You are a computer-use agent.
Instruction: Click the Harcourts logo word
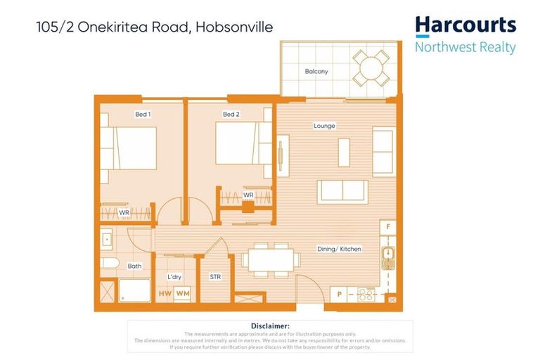point(465,26)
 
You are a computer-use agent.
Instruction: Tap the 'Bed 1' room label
point(143,114)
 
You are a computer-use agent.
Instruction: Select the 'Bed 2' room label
point(231,114)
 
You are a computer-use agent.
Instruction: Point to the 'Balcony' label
point(316,72)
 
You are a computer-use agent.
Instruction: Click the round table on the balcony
point(370,67)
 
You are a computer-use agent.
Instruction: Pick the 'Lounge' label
point(324,126)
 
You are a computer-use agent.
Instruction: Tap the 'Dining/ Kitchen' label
point(340,250)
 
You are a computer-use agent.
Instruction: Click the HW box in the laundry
point(165,293)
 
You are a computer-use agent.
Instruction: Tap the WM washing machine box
point(182,293)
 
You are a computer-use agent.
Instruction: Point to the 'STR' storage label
point(215,277)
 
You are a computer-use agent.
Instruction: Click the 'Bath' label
point(134,266)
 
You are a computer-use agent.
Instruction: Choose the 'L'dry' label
point(174,277)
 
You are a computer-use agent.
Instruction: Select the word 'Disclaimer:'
point(270,326)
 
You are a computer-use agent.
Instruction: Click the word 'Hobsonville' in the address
point(238,28)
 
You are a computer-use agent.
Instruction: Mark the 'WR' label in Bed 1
point(124,212)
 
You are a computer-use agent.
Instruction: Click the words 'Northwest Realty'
point(465,48)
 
